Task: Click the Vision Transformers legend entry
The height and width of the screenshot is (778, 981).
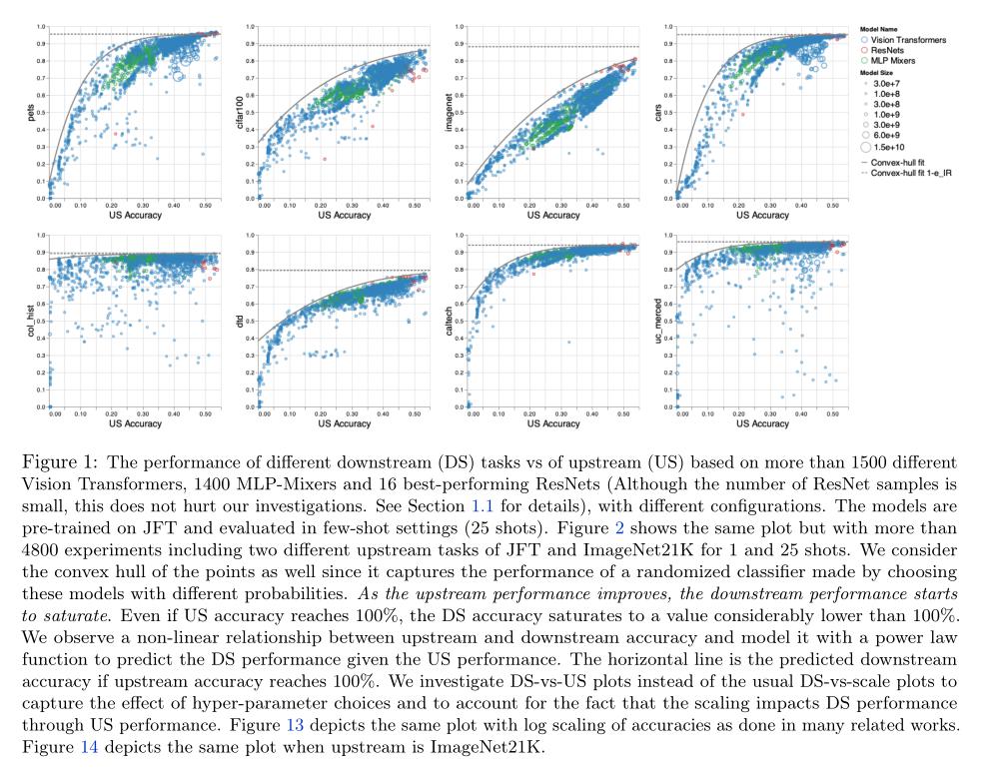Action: pyautogui.click(x=905, y=38)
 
